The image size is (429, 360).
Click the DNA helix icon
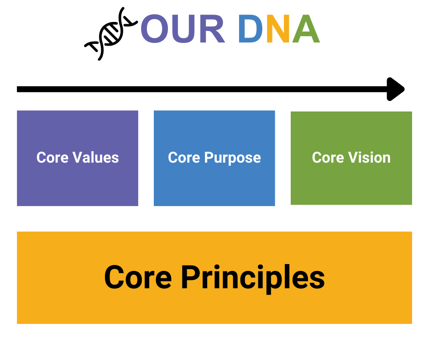(110, 33)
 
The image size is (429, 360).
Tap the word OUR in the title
(183, 29)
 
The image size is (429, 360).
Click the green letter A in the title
(305, 29)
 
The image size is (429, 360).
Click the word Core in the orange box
(137, 277)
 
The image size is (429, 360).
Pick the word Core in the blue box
(184, 158)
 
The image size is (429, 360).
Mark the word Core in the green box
(328, 158)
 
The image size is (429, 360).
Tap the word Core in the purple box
(52, 158)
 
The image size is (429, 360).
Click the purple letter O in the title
(157, 29)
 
